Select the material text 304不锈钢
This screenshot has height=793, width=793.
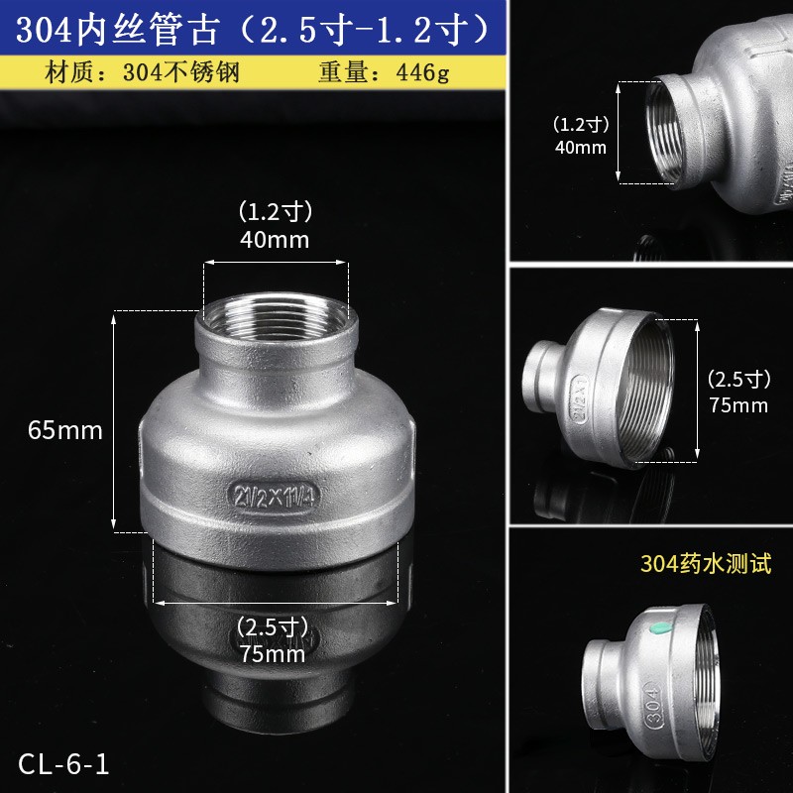[x=179, y=73]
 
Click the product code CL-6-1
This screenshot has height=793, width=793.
[x=62, y=764]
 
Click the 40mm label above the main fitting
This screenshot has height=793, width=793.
[x=275, y=239]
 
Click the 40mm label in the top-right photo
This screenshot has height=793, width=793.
[x=580, y=148]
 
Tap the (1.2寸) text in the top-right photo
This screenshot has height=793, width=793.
[x=580, y=125]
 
